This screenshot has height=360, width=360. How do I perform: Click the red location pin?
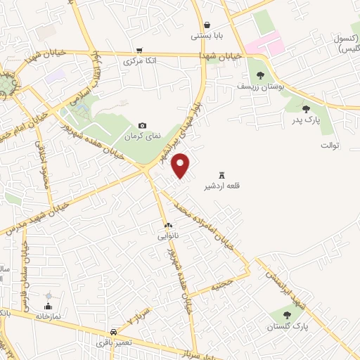pyautogui.click(x=182, y=165)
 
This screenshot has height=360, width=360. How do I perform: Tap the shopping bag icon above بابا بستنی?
pyautogui.click(x=206, y=24)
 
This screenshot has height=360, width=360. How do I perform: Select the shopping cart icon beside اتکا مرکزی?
pyautogui.click(x=141, y=51)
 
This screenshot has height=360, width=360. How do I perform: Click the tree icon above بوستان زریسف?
pyautogui.click(x=261, y=75)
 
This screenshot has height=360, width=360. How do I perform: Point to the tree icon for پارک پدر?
pyautogui.click(x=306, y=108)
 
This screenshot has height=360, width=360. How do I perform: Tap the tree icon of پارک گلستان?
pyautogui.click(x=287, y=315)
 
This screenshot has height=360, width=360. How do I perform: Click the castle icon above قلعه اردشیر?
pyautogui.click(x=222, y=174)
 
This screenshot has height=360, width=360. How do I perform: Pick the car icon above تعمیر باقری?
pyautogui.click(x=113, y=331)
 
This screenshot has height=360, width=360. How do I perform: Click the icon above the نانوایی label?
pyautogui.click(x=167, y=225)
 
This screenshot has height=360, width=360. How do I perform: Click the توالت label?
pyautogui.click(x=330, y=146)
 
